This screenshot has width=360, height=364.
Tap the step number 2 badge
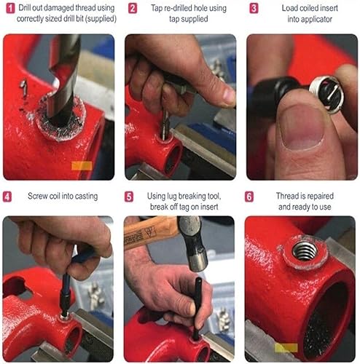tap(132, 9)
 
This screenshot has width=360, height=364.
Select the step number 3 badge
tap(253, 9)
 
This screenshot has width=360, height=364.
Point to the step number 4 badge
tap(9, 197)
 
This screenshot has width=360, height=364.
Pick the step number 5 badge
tap(129, 197)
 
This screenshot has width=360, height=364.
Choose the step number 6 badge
tap(250, 197)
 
